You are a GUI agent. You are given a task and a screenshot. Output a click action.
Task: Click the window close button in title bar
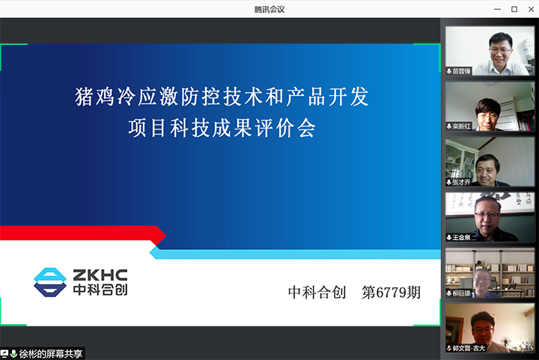click(x=530, y=9)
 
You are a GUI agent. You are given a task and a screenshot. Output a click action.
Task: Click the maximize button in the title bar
click(x=514, y=9)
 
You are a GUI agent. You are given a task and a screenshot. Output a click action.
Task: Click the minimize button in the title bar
click(x=498, y=9)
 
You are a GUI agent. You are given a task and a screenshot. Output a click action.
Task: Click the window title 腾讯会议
click(x=269, y=9)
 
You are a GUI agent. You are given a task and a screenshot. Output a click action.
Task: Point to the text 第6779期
click(x=391, y=293)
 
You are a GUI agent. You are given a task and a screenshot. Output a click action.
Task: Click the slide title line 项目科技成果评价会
click(x=222, y=128)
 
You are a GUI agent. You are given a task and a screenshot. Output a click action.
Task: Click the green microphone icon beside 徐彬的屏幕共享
click(x=13, y=353)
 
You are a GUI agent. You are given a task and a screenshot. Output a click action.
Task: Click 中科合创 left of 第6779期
click(x=317, y=293)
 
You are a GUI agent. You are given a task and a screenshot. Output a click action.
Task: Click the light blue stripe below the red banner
click(x=299, y=253)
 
